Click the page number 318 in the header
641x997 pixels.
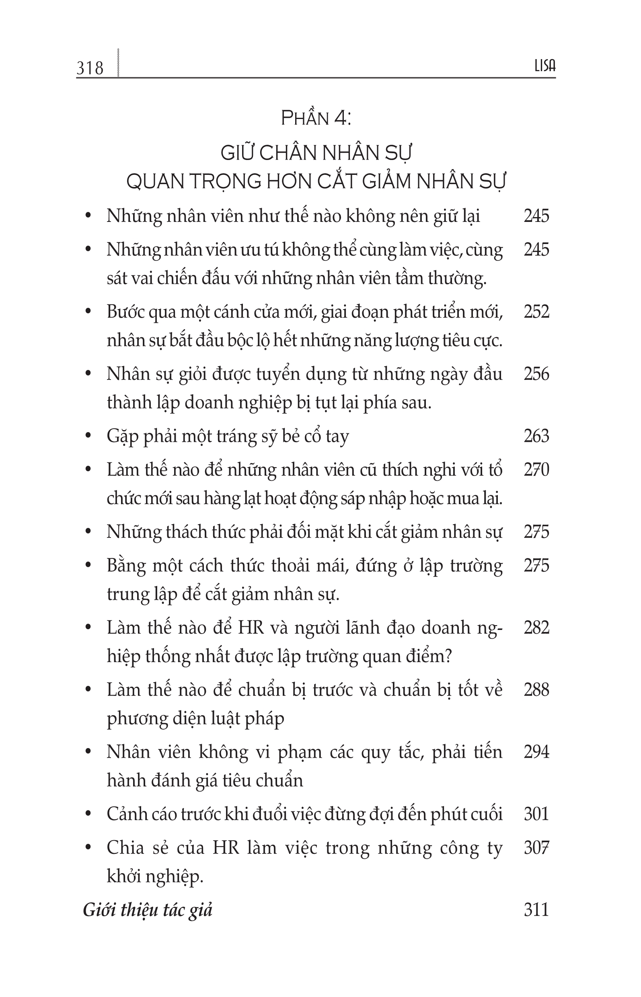(90, 68)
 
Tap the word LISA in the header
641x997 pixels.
(545, 66)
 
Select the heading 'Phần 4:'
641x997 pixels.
(316, 119)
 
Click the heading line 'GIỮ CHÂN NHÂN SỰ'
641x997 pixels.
(316, 153)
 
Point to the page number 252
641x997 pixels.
(536, 312)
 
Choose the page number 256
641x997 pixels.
(536, 374)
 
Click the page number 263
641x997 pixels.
(536, 436)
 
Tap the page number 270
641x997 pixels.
(536, 470)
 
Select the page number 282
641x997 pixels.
(536, 628)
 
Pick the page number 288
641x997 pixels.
(536, 690)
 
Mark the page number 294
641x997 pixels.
(536, 752)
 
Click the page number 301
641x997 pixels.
(536, 814)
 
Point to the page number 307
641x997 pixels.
(536, 848)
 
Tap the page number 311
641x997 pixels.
(536, 910)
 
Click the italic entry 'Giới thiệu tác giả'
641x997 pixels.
(148, 911)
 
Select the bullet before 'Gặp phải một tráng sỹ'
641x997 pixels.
(88, 436)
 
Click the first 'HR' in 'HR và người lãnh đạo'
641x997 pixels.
(251, 628)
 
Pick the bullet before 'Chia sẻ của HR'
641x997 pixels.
(88, 848)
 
